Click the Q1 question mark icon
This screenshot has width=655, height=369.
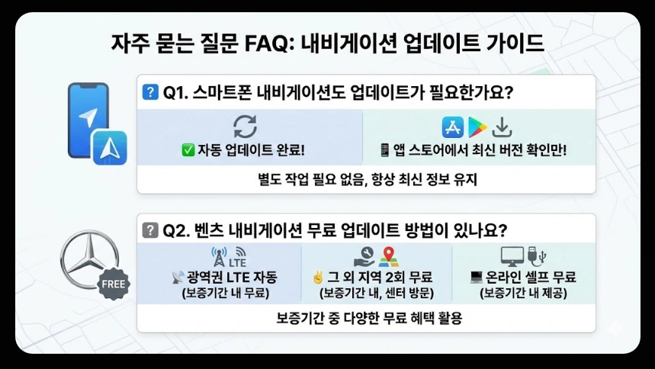(150, 93)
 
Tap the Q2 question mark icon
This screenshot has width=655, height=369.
(150, 229)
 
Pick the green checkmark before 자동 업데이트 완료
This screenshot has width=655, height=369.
(188, 151)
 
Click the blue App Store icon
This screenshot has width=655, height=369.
(453, 127)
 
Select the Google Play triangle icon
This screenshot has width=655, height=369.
(477, 127)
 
